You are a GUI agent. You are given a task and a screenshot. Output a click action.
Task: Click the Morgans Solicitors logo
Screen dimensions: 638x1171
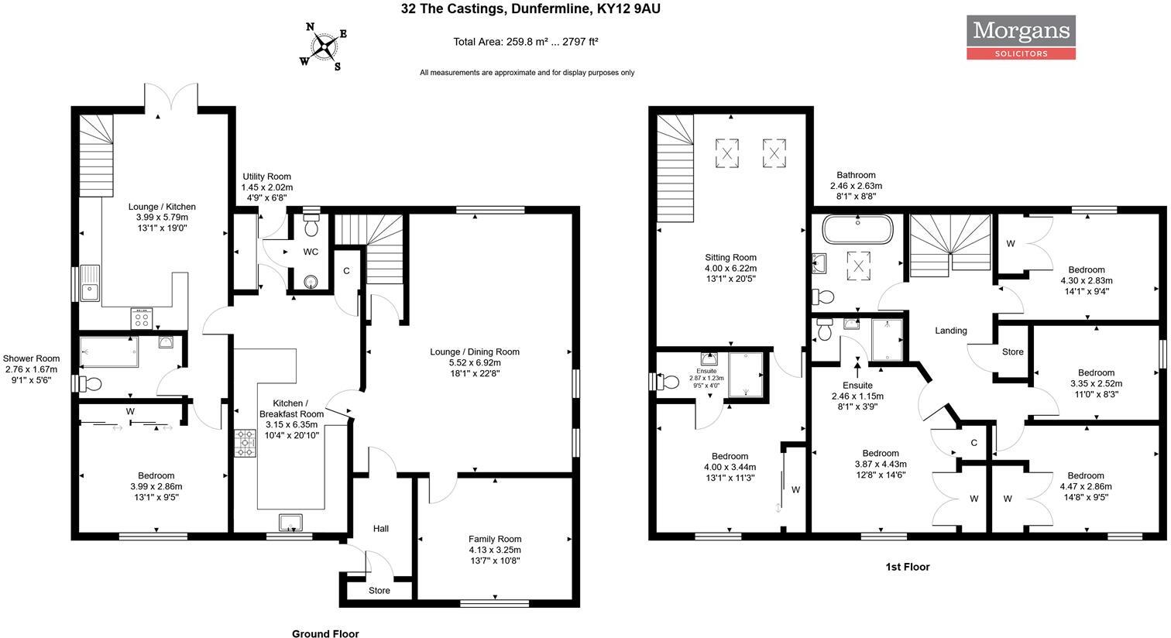[1020, 38]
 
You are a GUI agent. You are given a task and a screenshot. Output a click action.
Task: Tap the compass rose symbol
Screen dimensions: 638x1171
[327, 47]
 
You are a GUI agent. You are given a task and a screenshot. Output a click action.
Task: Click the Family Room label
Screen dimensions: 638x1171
[494, 539]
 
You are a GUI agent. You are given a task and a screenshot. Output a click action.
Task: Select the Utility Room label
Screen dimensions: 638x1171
[267, 177]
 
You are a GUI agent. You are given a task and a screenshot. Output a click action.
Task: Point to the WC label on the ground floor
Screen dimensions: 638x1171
[311, 252]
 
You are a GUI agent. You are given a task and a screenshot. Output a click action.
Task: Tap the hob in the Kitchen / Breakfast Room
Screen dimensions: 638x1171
[245, 444]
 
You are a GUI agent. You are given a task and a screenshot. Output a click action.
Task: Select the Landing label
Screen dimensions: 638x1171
[950, 331]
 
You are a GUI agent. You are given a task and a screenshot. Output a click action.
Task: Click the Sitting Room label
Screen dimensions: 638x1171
[730, 258]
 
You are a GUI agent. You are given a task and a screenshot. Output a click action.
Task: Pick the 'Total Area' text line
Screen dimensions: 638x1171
[526, 42]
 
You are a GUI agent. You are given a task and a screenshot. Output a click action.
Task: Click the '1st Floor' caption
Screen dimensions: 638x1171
[908, 567]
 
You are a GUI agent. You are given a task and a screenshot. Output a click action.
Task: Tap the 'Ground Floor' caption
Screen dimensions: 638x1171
[325, 633]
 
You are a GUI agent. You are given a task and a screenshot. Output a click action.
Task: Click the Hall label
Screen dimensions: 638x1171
[381, 529]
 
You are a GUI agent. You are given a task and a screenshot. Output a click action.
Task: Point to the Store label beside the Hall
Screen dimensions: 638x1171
[379, 591]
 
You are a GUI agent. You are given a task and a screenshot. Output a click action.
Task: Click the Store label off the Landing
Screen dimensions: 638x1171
[1013, 352]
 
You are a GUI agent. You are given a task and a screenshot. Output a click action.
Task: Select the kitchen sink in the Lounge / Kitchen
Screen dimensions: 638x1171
[90, 282]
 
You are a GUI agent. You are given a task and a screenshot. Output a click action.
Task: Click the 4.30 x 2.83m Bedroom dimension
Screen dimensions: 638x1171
[1086, 281]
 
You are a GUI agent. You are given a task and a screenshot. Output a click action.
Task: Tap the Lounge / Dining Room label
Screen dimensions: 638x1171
[475, 352]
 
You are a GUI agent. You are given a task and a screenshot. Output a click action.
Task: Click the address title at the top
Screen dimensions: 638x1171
[531, 9]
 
